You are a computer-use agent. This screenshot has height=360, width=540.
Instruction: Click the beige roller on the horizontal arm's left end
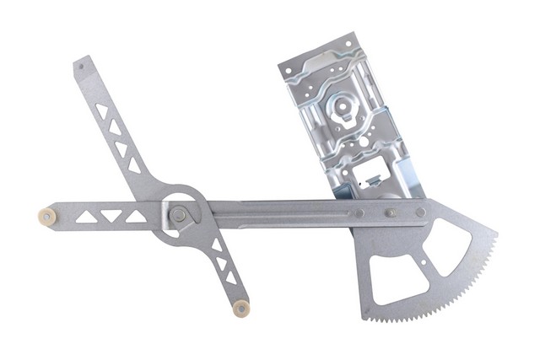click(x=47, y=217)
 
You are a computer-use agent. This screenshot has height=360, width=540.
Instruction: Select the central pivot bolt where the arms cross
click(x=179, y=215)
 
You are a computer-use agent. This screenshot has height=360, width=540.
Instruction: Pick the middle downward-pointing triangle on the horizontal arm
click(x=111, y=217)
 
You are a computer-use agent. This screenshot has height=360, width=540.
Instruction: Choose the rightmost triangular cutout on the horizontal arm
click(x=136, y=217)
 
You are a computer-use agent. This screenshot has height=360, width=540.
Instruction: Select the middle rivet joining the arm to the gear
click(x=390, y=212)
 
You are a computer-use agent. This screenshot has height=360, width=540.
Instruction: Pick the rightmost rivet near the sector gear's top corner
click(x=420, y=212)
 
